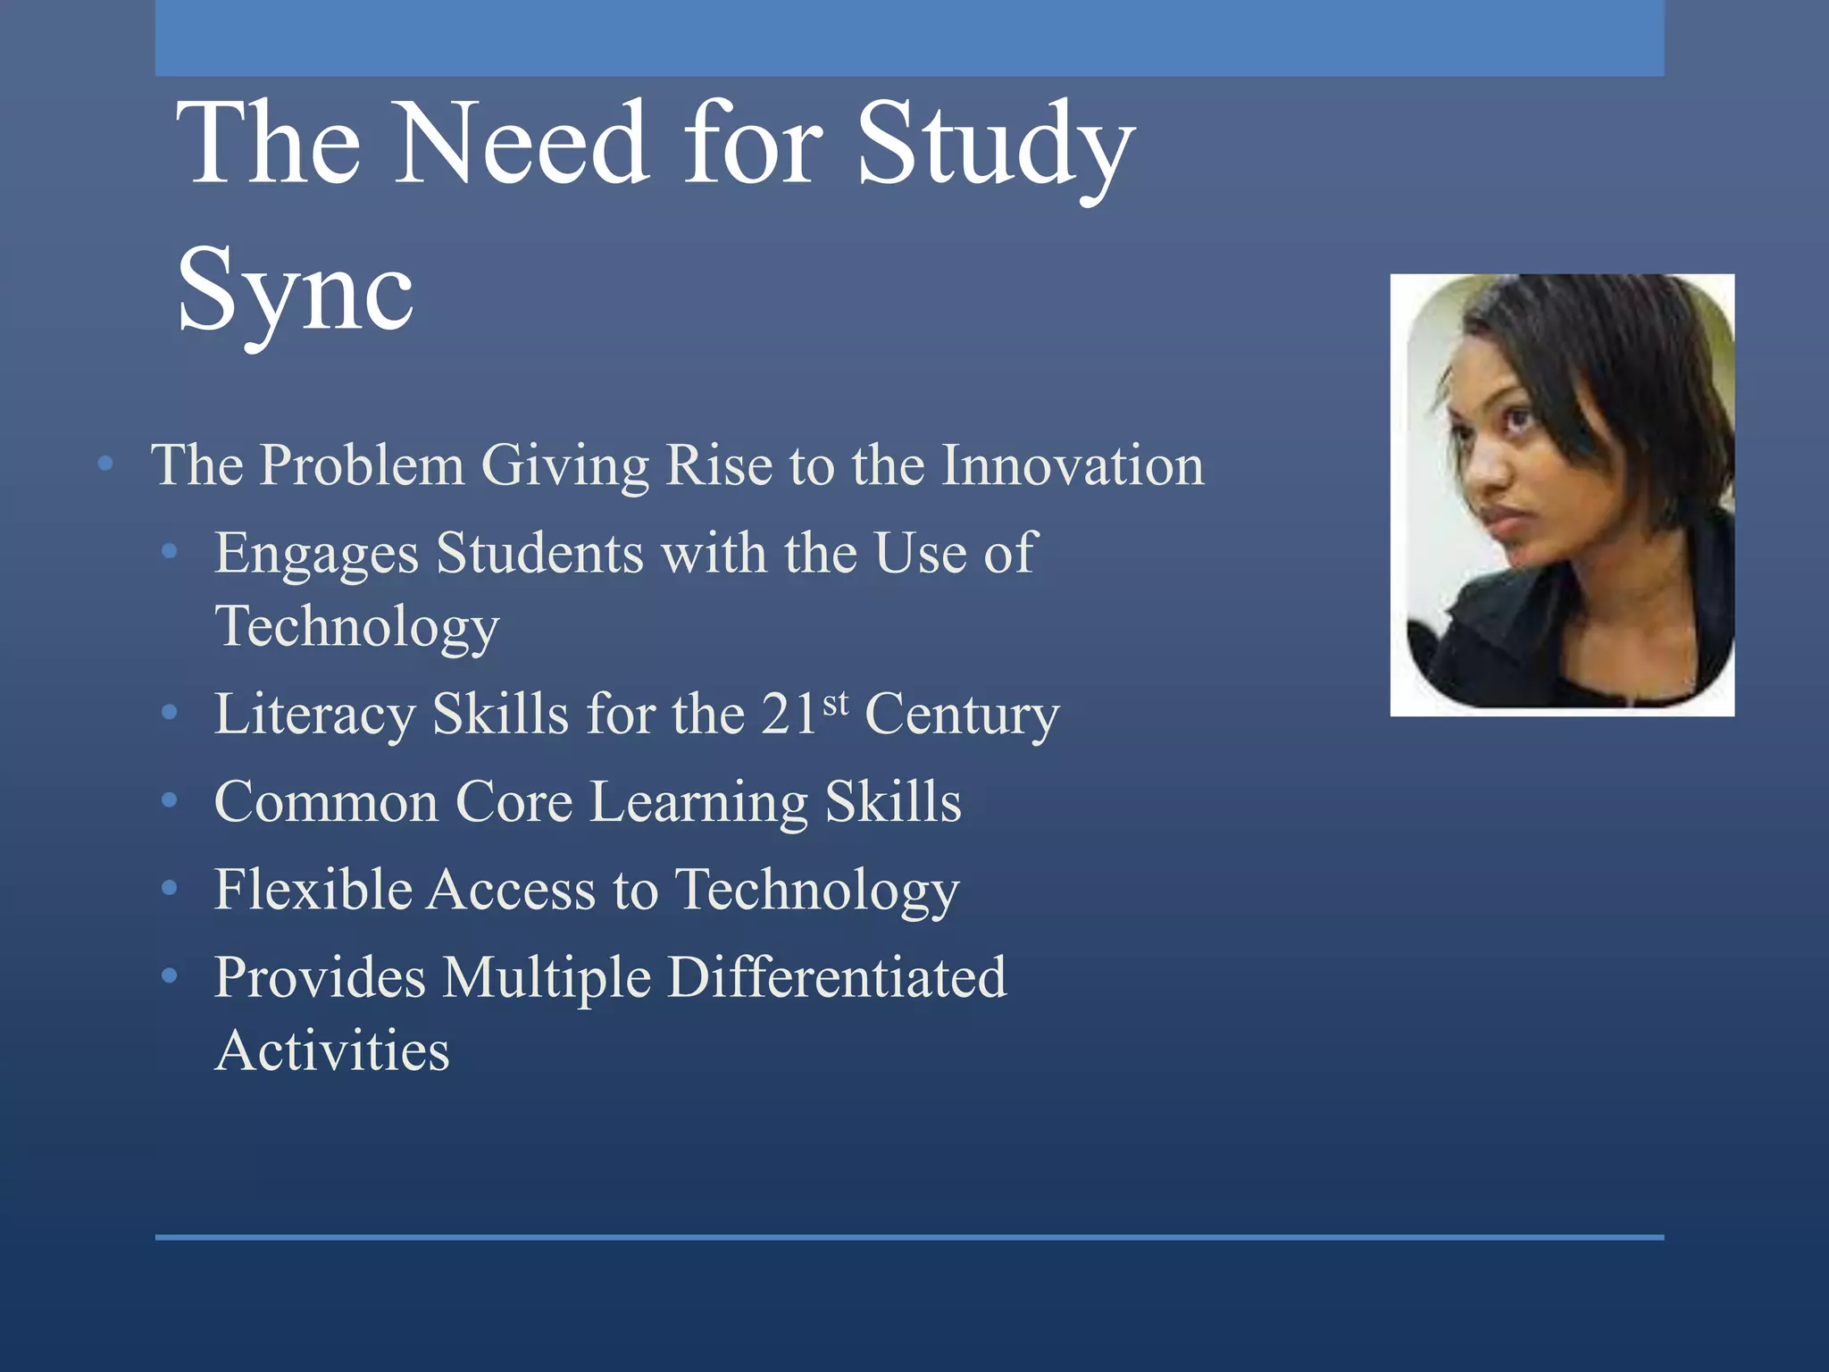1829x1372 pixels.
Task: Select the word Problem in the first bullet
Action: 362,465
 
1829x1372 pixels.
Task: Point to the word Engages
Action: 316,554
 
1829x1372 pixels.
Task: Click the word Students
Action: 539,553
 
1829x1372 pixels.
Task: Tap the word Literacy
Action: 314,715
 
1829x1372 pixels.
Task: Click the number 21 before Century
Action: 789,715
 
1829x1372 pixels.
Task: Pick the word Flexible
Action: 312,890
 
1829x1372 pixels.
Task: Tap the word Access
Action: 511,890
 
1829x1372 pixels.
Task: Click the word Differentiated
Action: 837,977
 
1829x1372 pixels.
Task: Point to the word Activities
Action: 332,1050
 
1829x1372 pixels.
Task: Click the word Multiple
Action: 547,977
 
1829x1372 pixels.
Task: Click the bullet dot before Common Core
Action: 169,799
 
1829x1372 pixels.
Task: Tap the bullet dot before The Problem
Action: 105,463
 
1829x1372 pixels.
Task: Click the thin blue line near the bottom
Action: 909,1237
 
